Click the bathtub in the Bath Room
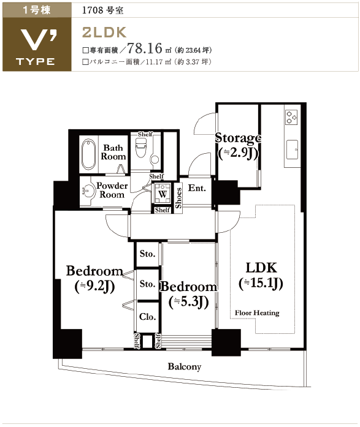(88, 154)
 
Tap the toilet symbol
(141, 147)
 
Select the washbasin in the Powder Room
(88, 191)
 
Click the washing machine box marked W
(163, 194)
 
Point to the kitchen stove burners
(291, 118)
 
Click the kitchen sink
(292, 149)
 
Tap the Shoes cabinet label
(178, 198)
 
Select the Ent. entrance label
(197, 188)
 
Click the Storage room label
(238, 138)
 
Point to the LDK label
(261, 268)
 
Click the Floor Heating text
(257, 313)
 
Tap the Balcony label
(185, 366)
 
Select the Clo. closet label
(147, 317)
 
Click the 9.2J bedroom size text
(94, 286)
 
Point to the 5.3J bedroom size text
(188, 302)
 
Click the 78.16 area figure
(145, 48)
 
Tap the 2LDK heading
(104, 32)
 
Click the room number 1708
(93, 10)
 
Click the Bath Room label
(113, 152)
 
